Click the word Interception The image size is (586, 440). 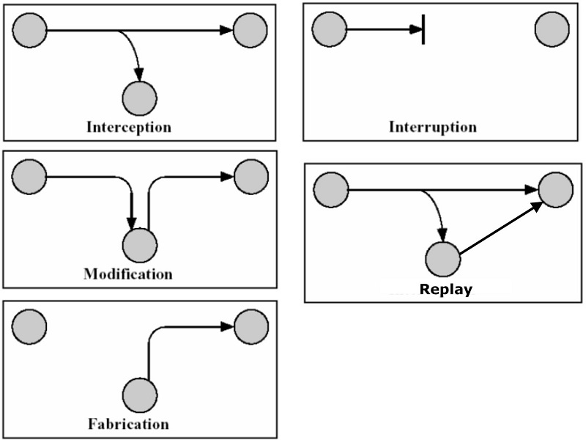tap(129, 127)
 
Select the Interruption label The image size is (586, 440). tap(432, 127)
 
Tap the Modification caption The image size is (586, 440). tap(128, 275)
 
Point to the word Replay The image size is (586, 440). tap(445, 289)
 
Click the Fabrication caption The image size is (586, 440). tap(128, 424)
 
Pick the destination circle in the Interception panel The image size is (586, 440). tap(250, 30)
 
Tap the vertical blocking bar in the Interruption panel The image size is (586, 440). tap(423, 30)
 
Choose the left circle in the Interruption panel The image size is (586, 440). tap(329, 30)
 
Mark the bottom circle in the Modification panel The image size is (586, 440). tap(139, 245)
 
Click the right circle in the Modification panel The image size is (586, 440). tap(250, 177)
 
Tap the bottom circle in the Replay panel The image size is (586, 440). tap(442, 259)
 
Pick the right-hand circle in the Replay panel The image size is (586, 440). tap(556, 189)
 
